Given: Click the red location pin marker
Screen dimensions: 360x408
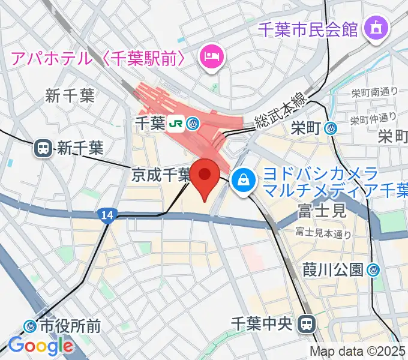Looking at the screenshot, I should (x=205, y=178).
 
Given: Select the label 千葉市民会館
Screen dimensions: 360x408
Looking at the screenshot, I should (x=308, y=28).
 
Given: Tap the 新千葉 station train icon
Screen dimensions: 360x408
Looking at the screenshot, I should (x=44, y=148).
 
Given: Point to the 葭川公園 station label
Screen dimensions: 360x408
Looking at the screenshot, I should (x=333, y=270).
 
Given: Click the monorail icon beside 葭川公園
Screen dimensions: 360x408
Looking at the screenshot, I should (x=375, y=270).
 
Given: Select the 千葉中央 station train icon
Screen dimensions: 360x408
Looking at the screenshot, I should (x=308, y=324).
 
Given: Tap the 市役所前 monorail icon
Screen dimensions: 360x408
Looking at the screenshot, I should (x=30, y=326).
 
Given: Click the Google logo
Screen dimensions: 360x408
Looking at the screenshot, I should (x=41, y=346).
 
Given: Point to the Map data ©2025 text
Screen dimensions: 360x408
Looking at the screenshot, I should (x=358, y=352).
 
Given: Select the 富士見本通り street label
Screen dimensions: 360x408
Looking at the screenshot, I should (x=323, y=233).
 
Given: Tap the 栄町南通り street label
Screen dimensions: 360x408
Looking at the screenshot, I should (x=375, y=92).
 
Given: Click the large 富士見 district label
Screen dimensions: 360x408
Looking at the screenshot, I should (x=322, y=210).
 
